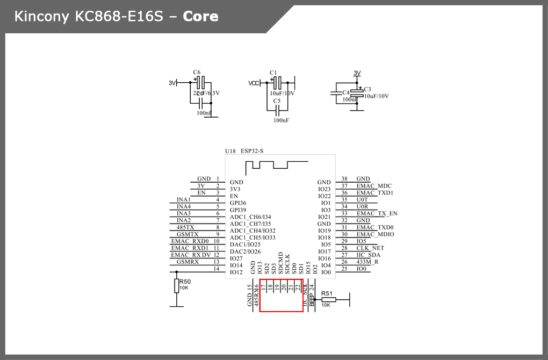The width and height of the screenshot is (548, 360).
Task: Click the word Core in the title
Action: pyautogui.click(x=200, y=17)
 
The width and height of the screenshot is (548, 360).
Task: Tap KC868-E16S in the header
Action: pyautogui.click(x=111, y=17)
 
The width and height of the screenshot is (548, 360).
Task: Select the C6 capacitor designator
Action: pyautogui.click(x=197, y=72)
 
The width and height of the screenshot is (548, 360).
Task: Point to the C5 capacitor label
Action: pyautogui.click(x=277, y=100)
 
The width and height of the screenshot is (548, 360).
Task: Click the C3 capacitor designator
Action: pyautogui.click(x=367, y=89)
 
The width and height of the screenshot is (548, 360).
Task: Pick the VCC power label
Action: pyautogui.click(x=254, y=83)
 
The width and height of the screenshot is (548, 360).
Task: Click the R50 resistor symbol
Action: pyautogui.click(x=176, y=286)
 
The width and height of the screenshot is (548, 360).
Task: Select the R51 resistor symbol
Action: pyautogui.click(x=328, y=300)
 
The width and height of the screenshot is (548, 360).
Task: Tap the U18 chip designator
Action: pyautogui.click(x=230, y=151)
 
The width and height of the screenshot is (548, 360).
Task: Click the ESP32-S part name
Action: pyautogui.click(x=252, y=151)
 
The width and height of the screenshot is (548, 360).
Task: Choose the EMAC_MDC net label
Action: pyautogui.click(x=374, y=186)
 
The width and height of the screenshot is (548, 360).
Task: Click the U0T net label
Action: pyautogui.click(x=362, y=199)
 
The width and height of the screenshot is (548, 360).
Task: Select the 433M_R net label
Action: pyautogui.click(x=367, y=262)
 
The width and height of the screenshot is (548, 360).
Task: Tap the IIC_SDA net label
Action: pyautogui.click(x=368, y=255)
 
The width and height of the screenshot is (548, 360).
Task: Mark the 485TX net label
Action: pyautogui.click(x=186, y=227)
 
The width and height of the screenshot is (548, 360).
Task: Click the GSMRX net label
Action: pyautogui.click(x=188, y=262)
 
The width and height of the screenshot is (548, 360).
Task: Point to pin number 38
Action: pyautogui.click(x=344, y=179)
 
